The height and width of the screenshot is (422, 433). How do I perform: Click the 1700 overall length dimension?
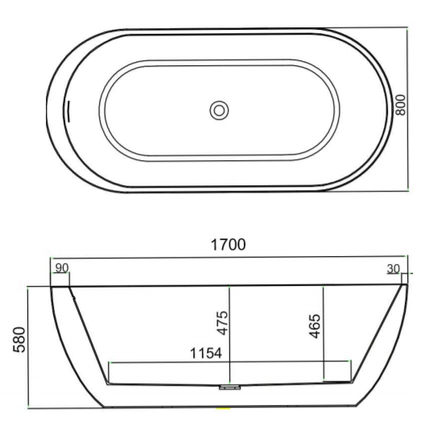click(x=228, y=245)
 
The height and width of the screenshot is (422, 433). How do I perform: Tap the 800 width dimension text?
click(x=401, y=105)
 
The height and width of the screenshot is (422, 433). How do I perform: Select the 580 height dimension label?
click(x=19, y=340)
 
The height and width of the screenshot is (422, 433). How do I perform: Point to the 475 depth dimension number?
click(x=222, y=323)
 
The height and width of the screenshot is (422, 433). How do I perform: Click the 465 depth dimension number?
click(x=315, y=326)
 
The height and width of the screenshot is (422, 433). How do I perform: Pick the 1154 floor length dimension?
click(x=206, y=353)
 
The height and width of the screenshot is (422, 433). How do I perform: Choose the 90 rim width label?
click(x=62, y=268)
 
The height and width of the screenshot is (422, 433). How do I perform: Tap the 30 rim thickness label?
click(x=394, y=269)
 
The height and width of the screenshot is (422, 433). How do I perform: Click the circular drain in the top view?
click(x=219, y=110)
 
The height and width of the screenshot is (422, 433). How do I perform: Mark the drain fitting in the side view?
click(x=229, y=387)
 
